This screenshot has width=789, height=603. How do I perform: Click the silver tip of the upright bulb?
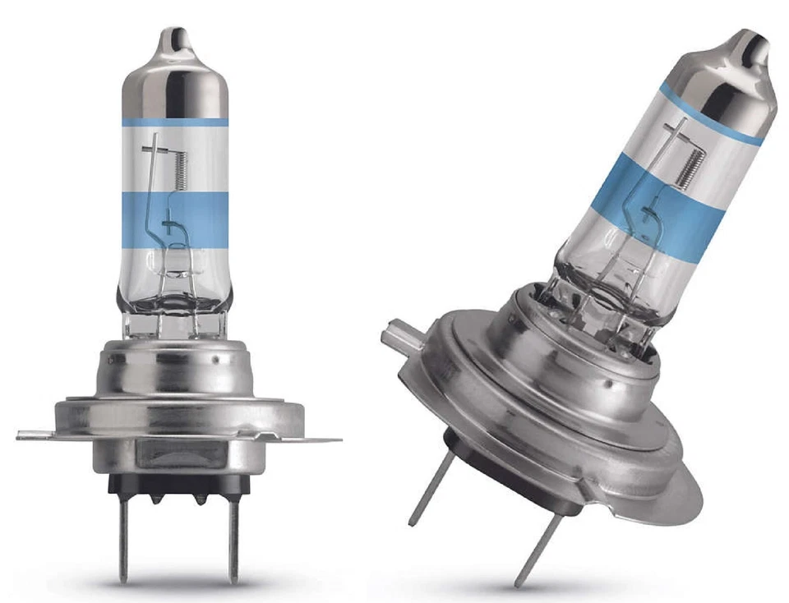[x=174, y=74]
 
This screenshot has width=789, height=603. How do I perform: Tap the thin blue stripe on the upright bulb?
[x=174, y=122]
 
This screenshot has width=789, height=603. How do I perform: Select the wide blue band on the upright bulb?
[x=174, y=217]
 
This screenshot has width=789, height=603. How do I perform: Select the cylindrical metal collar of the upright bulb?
[x=174, y=366]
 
